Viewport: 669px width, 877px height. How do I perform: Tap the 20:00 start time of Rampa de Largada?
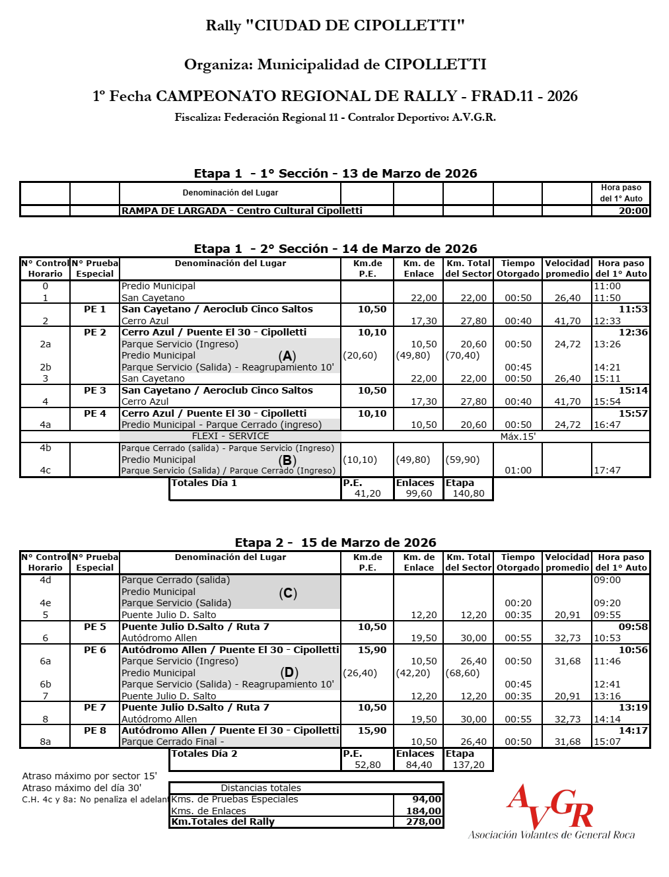tap(633, 211)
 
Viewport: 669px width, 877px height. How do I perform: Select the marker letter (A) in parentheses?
tap(287, 356)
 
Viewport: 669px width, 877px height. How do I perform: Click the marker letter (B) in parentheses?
tap(287, 460)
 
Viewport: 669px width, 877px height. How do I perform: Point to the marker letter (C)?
tap(288, 593)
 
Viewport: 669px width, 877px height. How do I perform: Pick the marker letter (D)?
tap(289, 672)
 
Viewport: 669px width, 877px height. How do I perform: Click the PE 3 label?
tap(94, 390)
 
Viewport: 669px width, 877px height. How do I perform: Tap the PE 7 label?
tap(94, 707)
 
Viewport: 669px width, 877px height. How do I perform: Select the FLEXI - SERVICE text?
tap(230, 436)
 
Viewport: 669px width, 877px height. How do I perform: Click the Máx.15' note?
tap(518, 437)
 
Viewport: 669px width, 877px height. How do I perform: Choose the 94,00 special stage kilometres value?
tap(427, 799)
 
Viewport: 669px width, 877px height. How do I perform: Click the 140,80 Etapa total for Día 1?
tap(468, 493)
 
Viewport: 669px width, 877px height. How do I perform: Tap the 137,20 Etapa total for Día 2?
tap(468, 765)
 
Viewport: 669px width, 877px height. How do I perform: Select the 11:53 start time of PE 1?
tap(633, 309)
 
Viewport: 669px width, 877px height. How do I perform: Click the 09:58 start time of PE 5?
tap(633, 627)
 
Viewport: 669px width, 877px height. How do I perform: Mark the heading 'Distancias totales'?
tap(261, 788)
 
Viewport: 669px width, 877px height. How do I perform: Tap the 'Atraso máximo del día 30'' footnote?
tap(82, 787)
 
